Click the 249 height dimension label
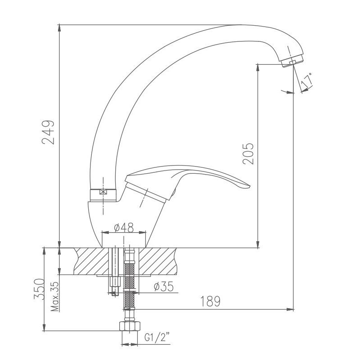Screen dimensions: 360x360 click(49, 132)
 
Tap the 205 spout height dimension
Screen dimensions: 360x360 click(248, 153)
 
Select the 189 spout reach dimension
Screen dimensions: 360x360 click(210, 301)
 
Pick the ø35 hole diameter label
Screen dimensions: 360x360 click(164, 286)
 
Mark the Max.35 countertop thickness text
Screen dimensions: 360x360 click(55, 297)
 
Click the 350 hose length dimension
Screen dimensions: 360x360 click(39, 289)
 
